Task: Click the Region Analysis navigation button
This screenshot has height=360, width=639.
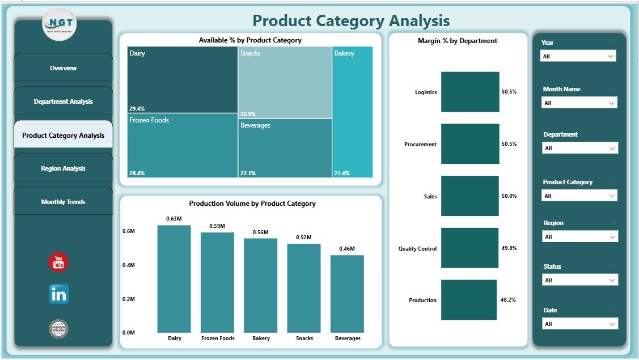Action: tap(63, 168)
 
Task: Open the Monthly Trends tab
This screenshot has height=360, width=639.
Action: tap(63, 202)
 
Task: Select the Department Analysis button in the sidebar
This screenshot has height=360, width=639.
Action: tap(63, 101)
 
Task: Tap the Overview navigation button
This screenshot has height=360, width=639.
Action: tap(63, 68)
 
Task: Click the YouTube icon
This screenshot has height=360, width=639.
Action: tap(58, 262)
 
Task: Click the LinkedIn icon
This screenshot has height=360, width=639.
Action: tap(58, 294)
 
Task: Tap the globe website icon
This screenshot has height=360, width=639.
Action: tap(58, 328)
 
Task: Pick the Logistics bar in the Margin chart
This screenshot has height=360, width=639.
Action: tap(470, 92)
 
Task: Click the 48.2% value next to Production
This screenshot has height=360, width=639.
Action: tap(509, 300)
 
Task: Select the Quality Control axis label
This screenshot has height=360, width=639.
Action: tap(417, 248)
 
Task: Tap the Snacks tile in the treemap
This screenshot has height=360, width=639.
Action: tap(285, 82)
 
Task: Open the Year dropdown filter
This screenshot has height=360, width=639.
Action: tap(578, 57)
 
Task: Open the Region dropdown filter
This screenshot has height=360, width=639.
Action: tap(579, 237)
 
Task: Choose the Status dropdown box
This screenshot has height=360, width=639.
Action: tap(579, 280)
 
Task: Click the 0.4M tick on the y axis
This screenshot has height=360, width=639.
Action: tap(128, 265)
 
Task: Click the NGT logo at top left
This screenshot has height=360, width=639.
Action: tap(59, 24)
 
